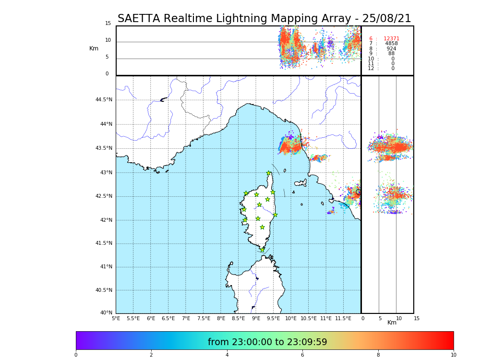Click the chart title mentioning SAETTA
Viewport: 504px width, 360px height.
264,19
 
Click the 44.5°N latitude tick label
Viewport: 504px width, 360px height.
104,100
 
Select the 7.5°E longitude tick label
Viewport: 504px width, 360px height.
204,318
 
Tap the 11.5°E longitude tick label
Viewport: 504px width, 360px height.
343,318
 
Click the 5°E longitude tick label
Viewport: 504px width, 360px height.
116,318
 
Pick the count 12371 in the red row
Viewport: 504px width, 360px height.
391,39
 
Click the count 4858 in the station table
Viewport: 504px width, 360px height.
391,44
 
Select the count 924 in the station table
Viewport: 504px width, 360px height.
391,49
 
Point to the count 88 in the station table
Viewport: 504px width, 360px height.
391,54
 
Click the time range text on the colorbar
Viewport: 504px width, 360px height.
267,342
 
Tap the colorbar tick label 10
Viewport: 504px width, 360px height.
453,355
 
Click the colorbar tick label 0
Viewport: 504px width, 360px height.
76,355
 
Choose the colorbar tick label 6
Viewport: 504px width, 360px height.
302,355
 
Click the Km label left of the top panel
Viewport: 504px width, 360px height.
94,48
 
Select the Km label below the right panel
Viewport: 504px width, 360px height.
392,323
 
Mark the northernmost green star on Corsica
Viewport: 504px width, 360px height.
269,173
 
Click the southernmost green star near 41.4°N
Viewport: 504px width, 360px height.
262,250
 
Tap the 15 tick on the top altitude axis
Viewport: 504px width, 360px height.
108,24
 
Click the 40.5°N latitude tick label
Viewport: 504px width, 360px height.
104,290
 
